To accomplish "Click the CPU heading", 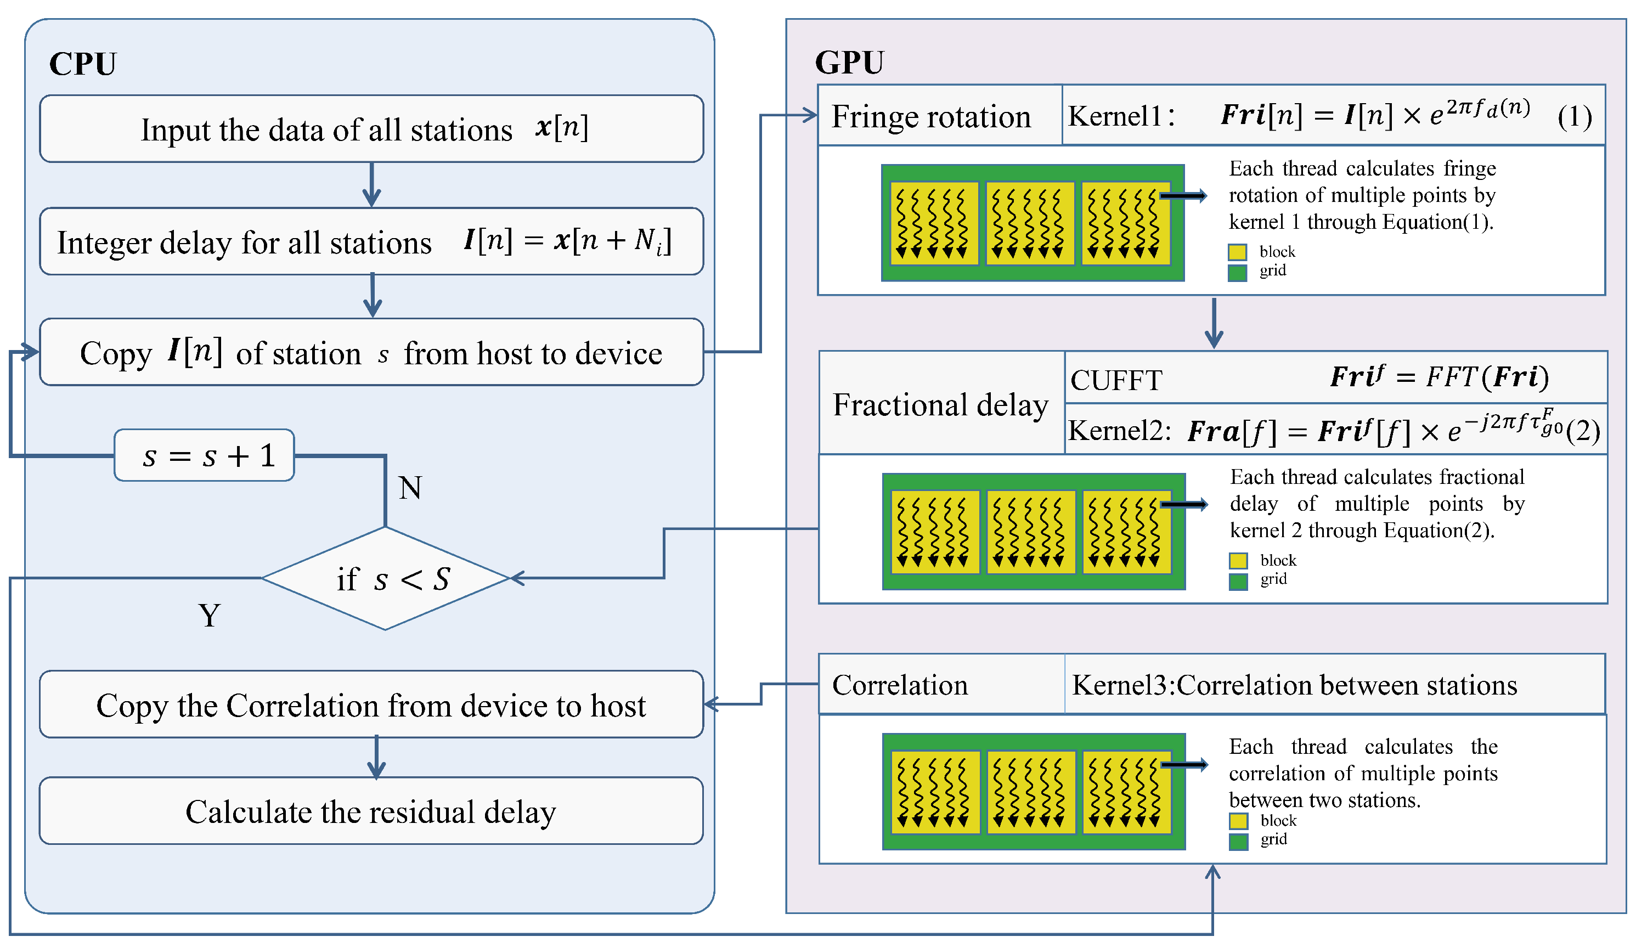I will pyautogui.click(x=83, y=64).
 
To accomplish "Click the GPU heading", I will pyautogui.click(x=849, y=63).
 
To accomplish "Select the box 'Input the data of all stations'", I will pyautogui.click(x=371, y=129).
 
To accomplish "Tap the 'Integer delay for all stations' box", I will pyautogui.click(x=371, y=241).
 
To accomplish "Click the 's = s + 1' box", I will pyautogui.click(x=205, y=455).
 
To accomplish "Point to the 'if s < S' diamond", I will pyautogui.click(x=386, y=578).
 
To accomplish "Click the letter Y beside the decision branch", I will pyautogui.click(x=209, y=615).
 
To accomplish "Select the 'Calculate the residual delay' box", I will pyautogui.click(x=371, y=811).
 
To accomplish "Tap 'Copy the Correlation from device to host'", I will pyautogui.click(x=371, y=704).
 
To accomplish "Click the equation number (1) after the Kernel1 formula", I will pyautogui.click(x=1574, y=117).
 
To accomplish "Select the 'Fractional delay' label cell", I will pyautogui.click(x=940, y=404).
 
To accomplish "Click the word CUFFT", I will pyautogui.click(x=1116, y=380).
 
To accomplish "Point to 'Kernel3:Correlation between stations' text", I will pyautogui.click(x=1294, y=685).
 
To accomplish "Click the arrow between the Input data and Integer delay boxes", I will pyautogui.click(x=371, y=185).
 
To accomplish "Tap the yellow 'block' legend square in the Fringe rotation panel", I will pyautogui.click(x=1237, y=252).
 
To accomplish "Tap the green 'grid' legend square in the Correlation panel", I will pyautogui.click(x=1238, y=842).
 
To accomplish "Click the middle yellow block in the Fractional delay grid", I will pyautogui.click(x=1030, y=532).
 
